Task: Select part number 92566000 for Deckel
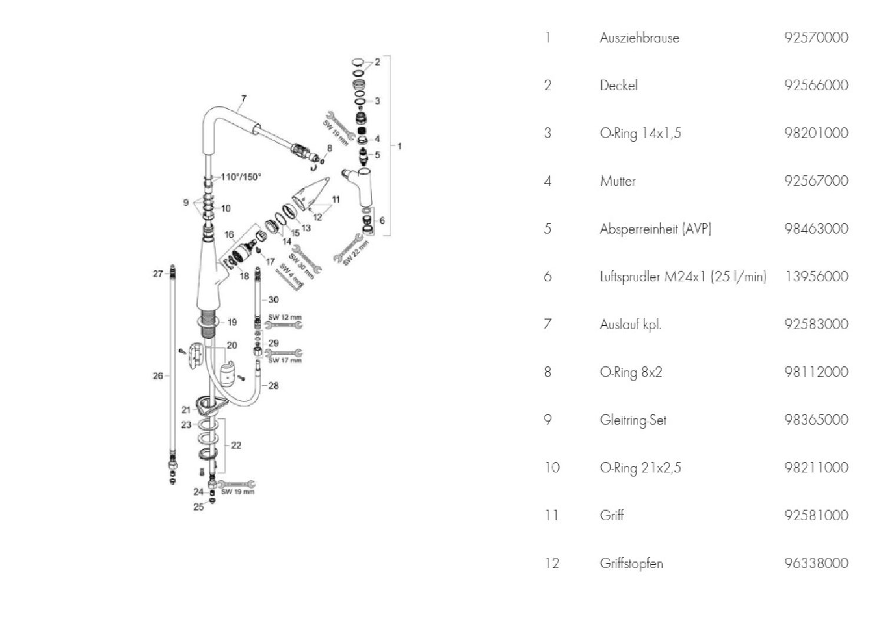point(816,85)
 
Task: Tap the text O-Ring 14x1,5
point(640,133)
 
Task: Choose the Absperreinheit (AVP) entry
point(656,229)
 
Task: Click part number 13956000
point(816,276)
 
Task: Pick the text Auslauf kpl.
point(630,324)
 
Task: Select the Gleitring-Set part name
point(633,420)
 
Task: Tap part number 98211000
point(816,467)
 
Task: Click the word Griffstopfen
point(632,563)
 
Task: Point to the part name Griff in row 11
point(612,515)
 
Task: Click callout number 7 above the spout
point(244,98)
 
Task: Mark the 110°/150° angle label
point(241,176)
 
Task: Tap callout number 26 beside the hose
point(158,375)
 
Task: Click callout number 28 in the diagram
point(273,386)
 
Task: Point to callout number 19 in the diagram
point(232,322)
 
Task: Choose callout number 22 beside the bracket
point(236,445)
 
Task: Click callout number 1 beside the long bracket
point(400,146)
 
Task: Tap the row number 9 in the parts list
point(547,420)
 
